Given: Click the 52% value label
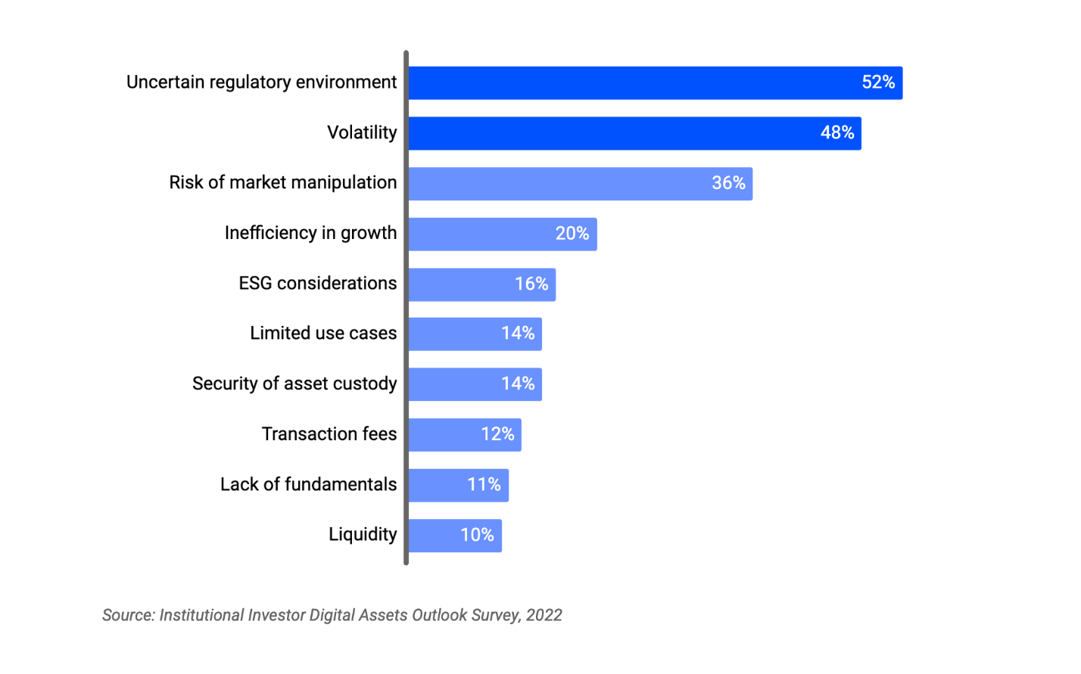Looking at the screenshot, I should click(x=878, y=82).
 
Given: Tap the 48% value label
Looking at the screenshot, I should click(x=837, y=133).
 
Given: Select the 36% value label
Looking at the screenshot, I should click(x=728, y=183).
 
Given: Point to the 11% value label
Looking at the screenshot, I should click(x=484, y=485).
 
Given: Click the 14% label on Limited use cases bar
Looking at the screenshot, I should click(x=518, y=334).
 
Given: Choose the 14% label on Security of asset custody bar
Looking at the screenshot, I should click(x=518, y=384).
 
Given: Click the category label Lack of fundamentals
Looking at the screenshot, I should click(x=308, y=485).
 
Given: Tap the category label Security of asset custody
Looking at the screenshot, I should click(x=294, y=384).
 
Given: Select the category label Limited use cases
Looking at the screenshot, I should click(x=323, y=334).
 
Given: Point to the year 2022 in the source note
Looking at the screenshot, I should click(x=544, y=616).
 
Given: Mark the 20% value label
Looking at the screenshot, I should click(x=572, y=234).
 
